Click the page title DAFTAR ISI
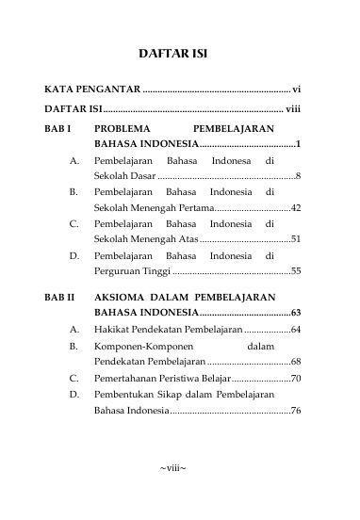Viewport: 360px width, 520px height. click(179, 54)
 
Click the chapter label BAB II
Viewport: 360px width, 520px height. click(59, 296)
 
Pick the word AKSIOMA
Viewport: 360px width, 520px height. click(122, 296)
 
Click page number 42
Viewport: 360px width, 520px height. click(295, 207)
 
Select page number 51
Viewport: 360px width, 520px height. click(295, 239)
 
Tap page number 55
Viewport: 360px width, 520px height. click(295, 271)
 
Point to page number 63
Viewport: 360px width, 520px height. click(295, 312)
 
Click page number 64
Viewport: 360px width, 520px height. click(295, 330)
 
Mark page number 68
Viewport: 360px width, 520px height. click(295, 362)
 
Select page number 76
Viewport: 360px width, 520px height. click(295, 411)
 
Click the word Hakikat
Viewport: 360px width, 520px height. click(112, 330)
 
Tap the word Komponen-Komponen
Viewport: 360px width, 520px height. click(138, 346)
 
